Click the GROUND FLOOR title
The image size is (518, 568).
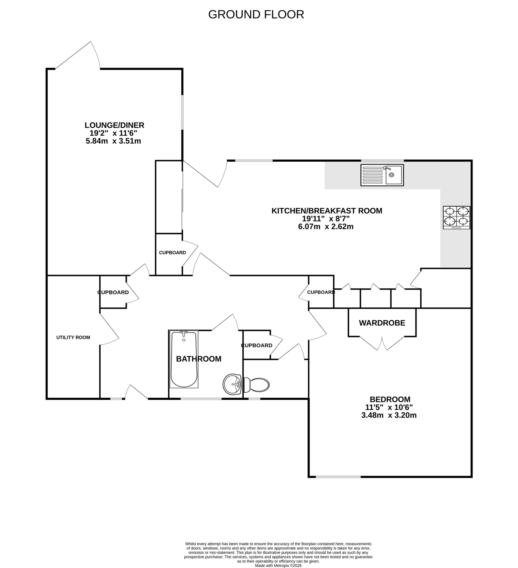[x=256, y=14]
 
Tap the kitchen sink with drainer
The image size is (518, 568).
[x=382, y=175]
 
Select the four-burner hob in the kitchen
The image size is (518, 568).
[x=456, y=217]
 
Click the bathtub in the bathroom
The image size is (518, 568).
[x=184, y=359]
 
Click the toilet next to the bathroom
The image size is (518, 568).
[x=257, y=385]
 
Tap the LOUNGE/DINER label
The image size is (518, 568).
[x=114, y=125]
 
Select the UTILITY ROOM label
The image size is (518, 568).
[x=73, y=337]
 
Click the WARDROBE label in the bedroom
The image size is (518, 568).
[x=382, y=323]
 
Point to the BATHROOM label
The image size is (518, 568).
[x=199, y=359]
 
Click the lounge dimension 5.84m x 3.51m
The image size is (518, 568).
[x=113, y=141]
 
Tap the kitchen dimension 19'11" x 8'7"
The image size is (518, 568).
[x=326, y=219]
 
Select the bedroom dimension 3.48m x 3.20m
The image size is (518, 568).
[x=389, y=415]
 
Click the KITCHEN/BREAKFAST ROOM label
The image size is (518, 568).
[x=327, y=211]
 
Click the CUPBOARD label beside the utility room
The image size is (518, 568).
[x=113, y=292]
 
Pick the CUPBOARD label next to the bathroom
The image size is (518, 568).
[x=257, y=345]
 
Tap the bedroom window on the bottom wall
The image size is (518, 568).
[x=338, y=477]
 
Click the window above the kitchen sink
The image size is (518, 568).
[x=382, y=161]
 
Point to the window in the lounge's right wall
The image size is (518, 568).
[x=182, y=113]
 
